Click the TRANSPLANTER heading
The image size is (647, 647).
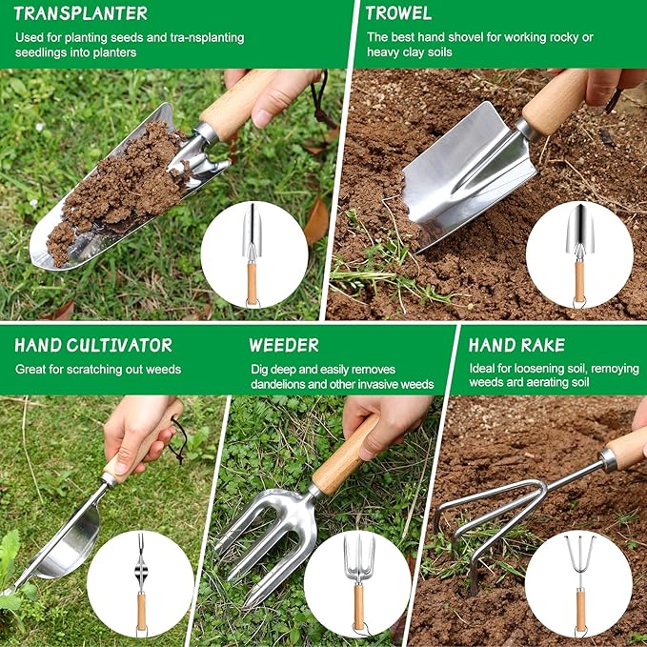point(81,13)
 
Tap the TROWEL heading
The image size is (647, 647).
point(398,13)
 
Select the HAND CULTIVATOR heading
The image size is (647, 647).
point(93,345)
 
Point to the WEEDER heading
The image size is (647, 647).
point(284,345)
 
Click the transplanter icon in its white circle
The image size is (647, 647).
point(253,253)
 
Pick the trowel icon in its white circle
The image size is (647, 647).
point(578,253)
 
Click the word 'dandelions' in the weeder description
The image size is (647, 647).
point(283,384)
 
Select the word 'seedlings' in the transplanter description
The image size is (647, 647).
point(41,52)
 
